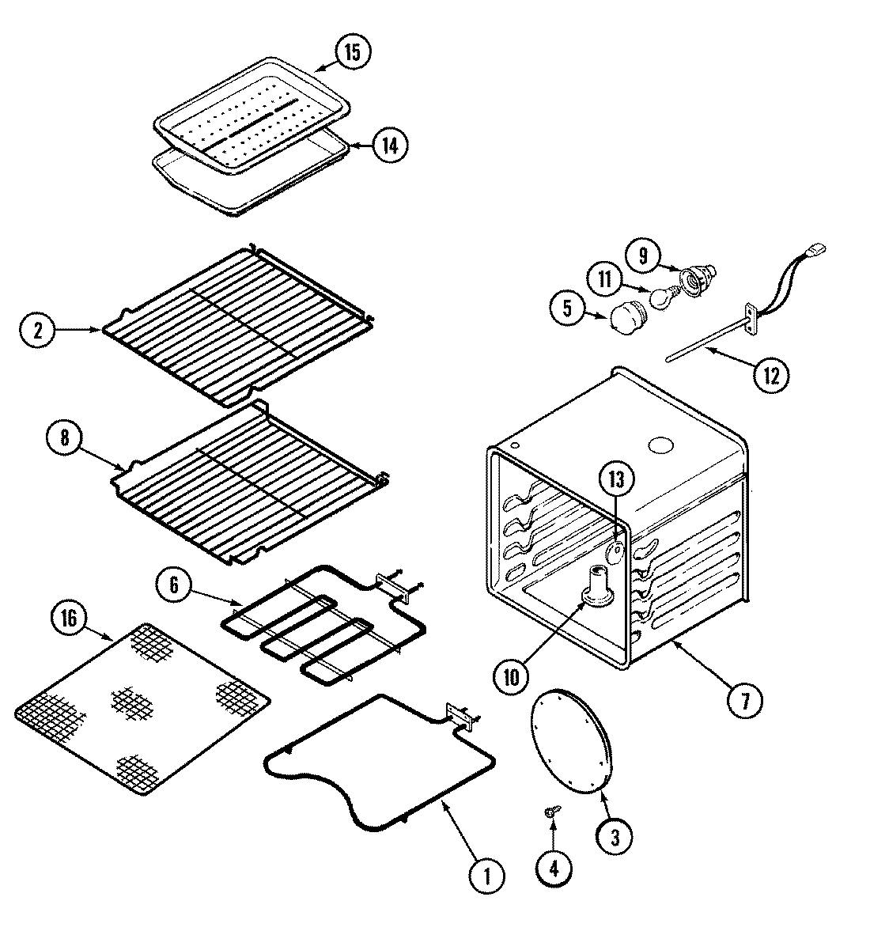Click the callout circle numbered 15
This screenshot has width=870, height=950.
pos(352,52)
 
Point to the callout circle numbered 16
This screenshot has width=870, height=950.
pos(70,619)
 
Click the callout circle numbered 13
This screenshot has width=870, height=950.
pos(617,479)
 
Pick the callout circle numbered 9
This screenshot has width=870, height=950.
pos(643,255)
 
